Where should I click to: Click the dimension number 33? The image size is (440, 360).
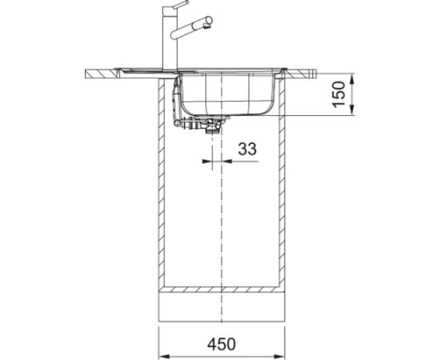tap(247, 148)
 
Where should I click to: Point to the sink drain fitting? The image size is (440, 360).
tap(214, 124)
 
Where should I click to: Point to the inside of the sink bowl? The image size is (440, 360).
tap(228, 92)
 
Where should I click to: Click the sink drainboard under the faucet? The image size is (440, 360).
tap(148, 70)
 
